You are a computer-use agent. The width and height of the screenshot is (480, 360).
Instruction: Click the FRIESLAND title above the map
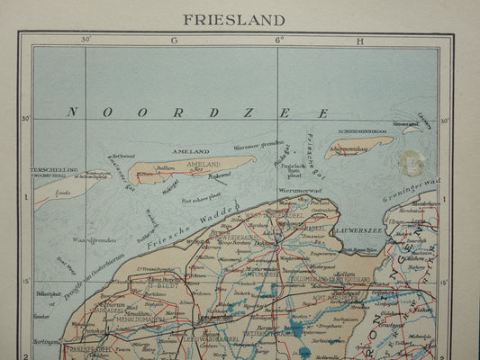234,19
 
